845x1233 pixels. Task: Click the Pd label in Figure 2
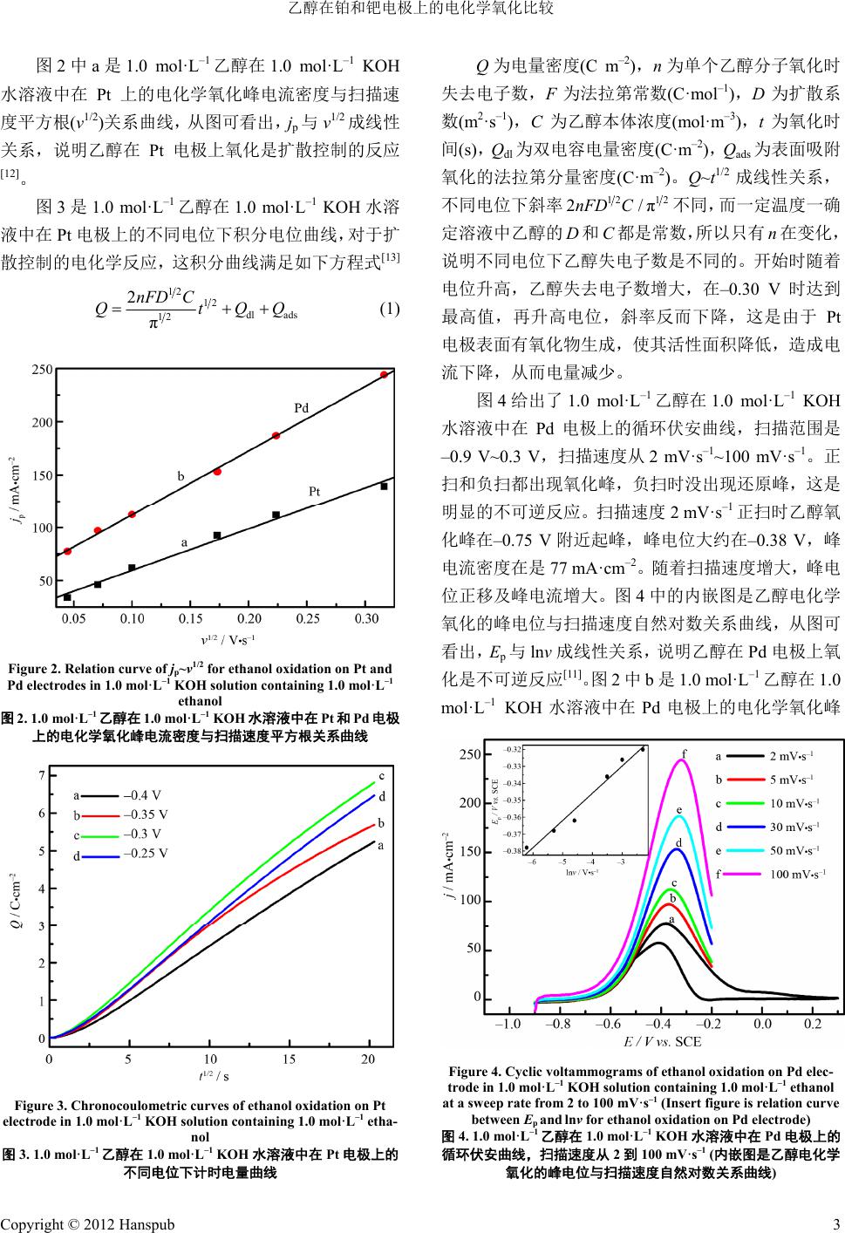[x=301, y=408]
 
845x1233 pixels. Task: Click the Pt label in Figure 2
[x=315, y=492]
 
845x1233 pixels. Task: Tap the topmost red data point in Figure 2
[x=384, y=375]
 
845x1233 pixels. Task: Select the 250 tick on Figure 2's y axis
[x=43, y=371]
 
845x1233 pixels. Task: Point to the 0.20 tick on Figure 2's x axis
[x=249, y=619]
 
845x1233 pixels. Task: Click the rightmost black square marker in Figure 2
[x=384, y=487]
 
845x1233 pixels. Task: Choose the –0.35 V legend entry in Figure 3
[x=146, y=814]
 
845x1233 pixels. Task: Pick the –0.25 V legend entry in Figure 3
[x=146, y=853]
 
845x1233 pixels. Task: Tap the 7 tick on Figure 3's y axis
[x=41, y=776]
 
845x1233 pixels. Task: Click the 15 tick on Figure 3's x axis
[x=289, y=1059]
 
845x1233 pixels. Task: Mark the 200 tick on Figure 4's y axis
[x=470, y=803]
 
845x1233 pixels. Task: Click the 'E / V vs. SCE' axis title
[x=662, y=1041]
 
